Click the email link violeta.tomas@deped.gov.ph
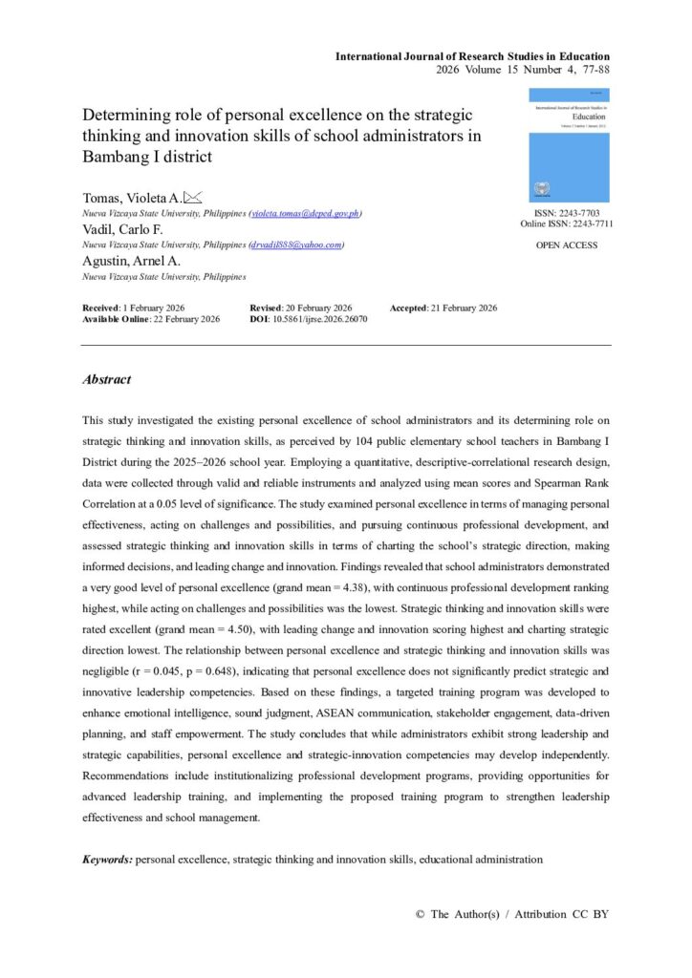click(305, 213)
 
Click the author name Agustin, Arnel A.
click(129, 262)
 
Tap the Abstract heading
click(107, 380)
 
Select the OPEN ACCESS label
click(567, 245)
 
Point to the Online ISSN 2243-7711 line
click(567, 224)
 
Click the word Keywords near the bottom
click(108, 860)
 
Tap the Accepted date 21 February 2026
click(465, 308)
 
